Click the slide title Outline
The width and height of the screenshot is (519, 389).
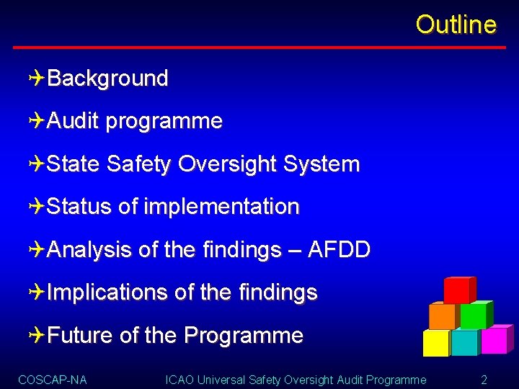coord(456,24)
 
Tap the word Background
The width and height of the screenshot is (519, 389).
coord(107,79)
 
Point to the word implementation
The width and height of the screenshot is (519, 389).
coord(221,207)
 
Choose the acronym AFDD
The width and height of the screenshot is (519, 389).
coord(339,250)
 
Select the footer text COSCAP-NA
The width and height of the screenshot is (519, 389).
coord(52,379)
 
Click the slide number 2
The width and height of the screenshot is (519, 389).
coord(484,379)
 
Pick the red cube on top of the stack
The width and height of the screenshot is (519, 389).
coord(457,290)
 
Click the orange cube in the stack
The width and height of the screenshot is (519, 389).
coord(442,316)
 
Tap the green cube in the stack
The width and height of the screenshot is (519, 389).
coord(474,316)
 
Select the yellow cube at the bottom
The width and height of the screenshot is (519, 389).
coord(435,343)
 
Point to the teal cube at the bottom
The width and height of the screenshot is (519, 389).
coord(464,343)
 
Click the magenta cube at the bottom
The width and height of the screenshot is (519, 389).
coord(494,341)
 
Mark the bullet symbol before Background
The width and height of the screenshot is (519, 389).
coord(38,79)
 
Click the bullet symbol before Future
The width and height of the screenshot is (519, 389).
coord(38,335)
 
